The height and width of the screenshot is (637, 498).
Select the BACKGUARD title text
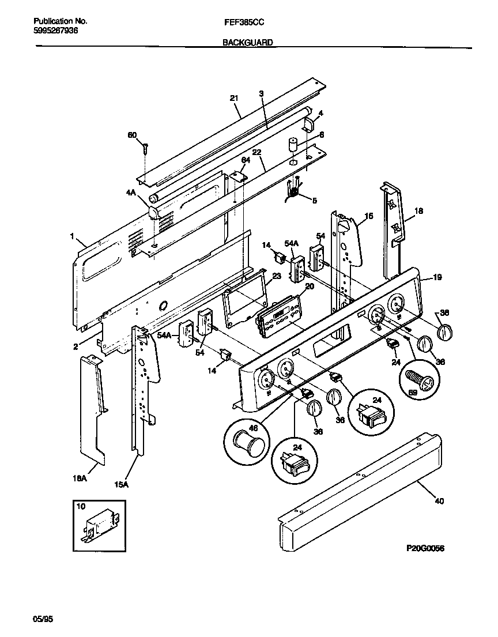(x=247, y=43)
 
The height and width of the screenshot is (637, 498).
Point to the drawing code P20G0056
(x=425, y=548)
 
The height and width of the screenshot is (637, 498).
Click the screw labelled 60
(x=145, y=148)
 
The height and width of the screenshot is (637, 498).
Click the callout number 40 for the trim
(x=439, y=501)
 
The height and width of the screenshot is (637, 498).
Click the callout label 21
(x=234, y=99)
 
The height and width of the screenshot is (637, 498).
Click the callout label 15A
(x=121, y=484)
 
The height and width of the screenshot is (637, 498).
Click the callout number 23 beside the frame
(x=277, y=276)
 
